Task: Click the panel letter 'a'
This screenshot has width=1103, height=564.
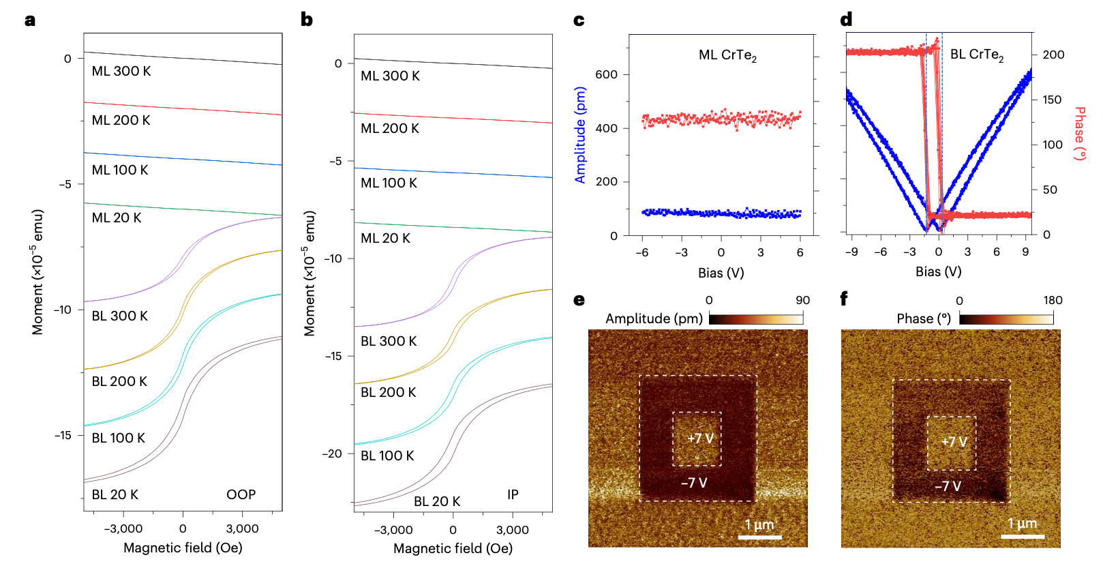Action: tap(29, 20)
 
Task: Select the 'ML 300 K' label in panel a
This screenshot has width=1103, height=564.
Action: tap(121, 71)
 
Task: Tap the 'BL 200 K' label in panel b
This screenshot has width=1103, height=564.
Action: tap(388, 392)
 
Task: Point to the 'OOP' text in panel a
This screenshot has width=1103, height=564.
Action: tap(241, 494)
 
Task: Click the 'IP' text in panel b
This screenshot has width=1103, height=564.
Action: tap(513, 494)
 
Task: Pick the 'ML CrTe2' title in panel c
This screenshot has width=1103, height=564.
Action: tap(727, 55)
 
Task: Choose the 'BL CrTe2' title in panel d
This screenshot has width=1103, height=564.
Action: tap(976, 55)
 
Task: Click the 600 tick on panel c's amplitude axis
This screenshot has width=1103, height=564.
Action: tap(606, 74)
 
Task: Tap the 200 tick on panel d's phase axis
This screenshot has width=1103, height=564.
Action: tap(1053, 55)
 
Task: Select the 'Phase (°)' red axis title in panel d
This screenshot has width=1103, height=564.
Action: tap(1079, 134)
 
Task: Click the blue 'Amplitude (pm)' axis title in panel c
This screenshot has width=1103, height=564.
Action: tap(580, 135)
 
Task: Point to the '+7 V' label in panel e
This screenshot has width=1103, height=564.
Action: tap(700, 439)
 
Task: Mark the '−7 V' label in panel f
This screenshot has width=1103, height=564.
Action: tap(948, 486)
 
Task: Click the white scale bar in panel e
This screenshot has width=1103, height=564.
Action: tap(759, 537)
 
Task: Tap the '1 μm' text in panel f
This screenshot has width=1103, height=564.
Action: tap(1022, 524)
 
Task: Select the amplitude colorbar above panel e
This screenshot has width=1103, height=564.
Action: tap(755, 318)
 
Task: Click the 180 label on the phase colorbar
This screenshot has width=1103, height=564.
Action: tap(1053, 300)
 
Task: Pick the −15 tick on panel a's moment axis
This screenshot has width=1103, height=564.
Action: tap(63, 435)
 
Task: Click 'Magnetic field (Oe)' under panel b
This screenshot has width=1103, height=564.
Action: tap(453, 548)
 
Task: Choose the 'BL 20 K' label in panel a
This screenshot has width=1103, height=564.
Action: tap(115, 494)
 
